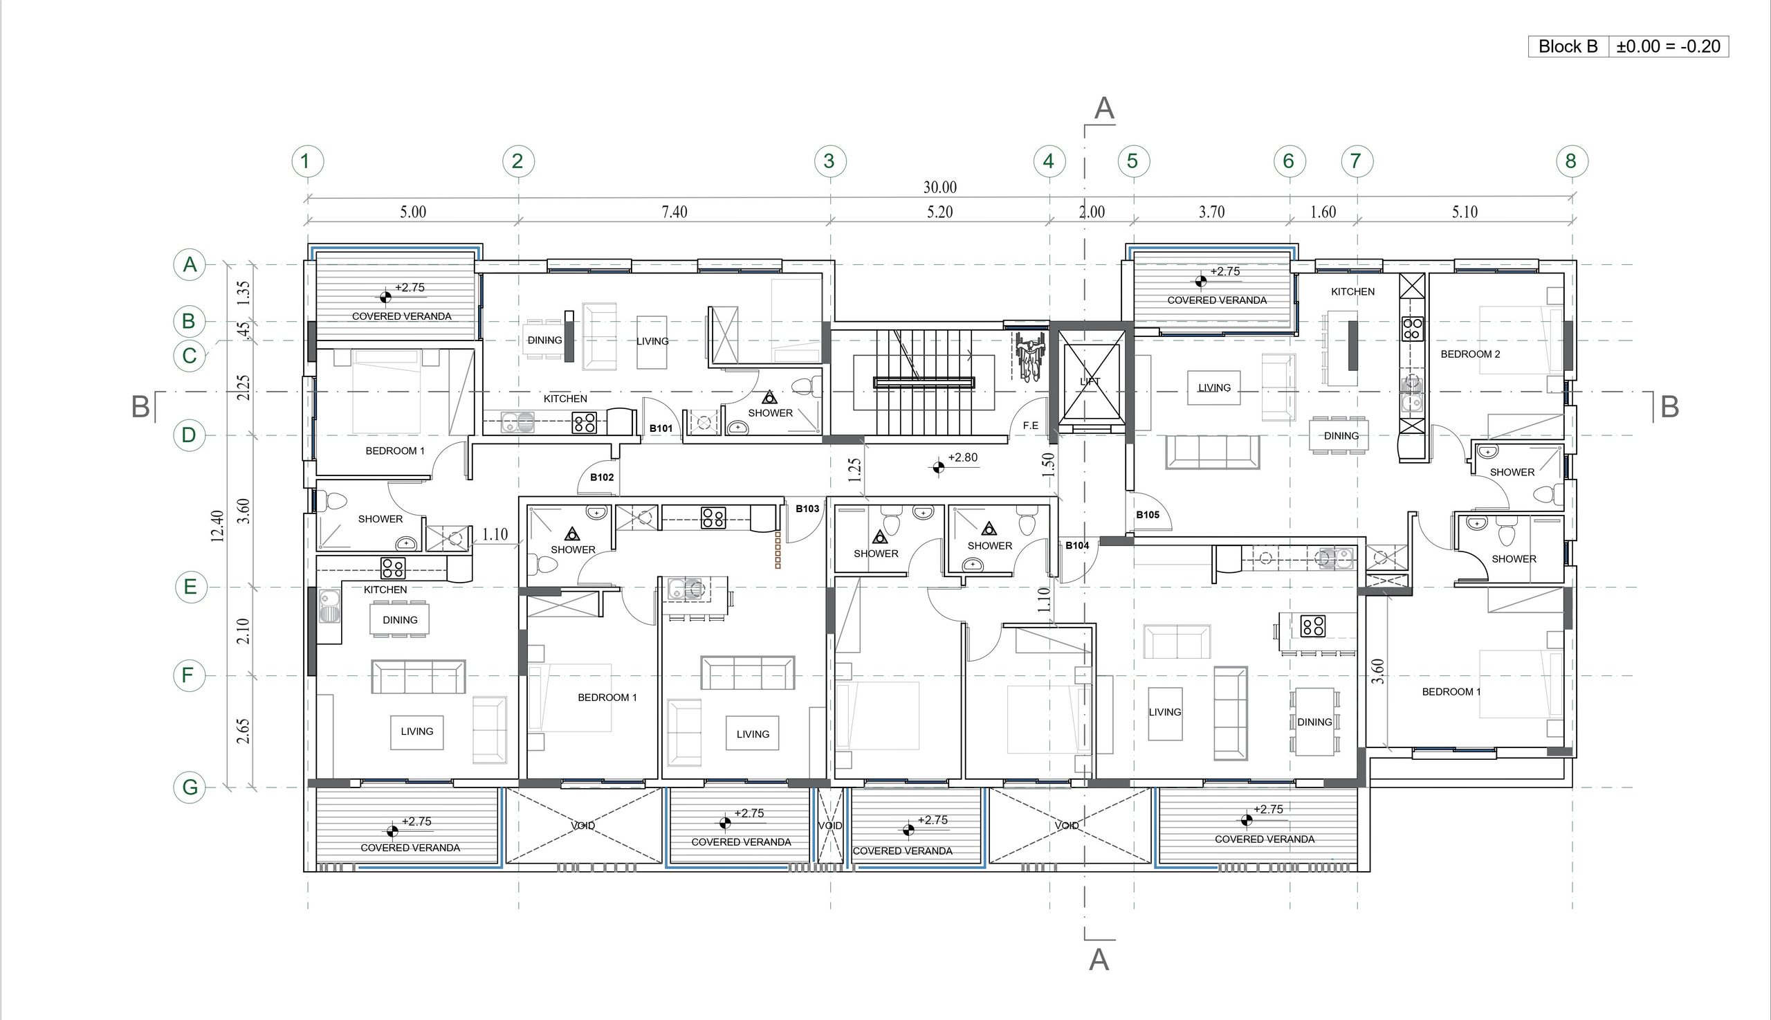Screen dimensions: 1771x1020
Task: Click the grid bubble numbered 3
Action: (830, 161)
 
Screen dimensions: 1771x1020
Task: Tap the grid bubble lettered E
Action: (190, 587)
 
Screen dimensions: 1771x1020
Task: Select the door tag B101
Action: (661, 429)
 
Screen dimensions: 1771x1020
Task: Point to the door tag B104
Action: (1077, 545)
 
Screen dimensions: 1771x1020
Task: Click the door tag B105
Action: (1148, 515)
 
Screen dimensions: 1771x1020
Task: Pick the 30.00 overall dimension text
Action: (939, 187)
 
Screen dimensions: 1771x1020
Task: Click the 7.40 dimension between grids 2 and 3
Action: (675, 212)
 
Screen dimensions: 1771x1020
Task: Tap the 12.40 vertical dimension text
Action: (217, 525)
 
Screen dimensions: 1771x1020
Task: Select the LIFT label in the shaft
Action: (1090, 382)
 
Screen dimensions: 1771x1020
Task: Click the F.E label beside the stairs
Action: (1031, 426)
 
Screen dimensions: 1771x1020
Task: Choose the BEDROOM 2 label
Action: (1471, 354)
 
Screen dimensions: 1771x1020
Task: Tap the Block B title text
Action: (1568, 46)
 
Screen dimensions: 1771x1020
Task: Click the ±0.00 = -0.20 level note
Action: (1668, 46)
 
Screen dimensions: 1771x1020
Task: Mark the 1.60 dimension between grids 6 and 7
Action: (1323, 212)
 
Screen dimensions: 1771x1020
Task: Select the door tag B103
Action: (807, 509)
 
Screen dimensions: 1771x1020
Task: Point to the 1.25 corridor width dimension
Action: (854, 470)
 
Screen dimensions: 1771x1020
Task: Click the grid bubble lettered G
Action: (190, 787)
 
